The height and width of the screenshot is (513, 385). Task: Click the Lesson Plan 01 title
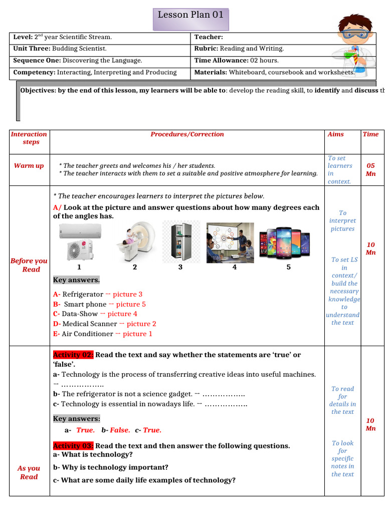[x=190, y=15]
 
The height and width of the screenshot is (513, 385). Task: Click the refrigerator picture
[x=180, y=241]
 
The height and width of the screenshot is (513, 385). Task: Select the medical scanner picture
[x=133, y=242]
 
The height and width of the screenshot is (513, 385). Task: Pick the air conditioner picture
[x=80, y=241]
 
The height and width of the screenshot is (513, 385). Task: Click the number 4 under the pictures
[x=234, y=268]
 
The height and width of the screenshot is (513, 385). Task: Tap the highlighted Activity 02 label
[x=73, y=355]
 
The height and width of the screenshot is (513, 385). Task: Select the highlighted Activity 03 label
[x=73, y=446]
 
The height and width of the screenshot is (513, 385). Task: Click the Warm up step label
[x=29, y=166]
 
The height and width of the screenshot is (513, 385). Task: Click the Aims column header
[x=335, y=134]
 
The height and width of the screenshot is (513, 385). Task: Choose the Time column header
[x=370, y=134]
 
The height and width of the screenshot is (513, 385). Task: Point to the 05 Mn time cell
[x=370, y=169]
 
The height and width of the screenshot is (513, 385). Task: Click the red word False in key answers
[x=120, y=430]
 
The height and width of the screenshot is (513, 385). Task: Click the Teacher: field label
[x=209, y=37]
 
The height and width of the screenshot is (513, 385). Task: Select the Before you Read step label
[x=29, y=265]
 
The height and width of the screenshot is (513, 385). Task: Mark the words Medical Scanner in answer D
[x=89, y=324]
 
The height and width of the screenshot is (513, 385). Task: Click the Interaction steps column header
[x=29, y=138]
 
